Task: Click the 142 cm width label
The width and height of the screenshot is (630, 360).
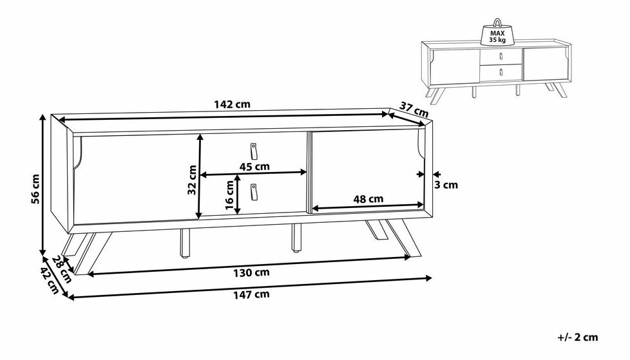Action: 233,104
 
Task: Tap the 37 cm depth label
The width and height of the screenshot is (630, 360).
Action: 414,109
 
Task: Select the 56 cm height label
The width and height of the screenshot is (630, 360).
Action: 35,189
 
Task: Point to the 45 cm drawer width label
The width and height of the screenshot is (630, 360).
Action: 254,166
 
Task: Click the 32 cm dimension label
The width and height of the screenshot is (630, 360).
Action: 192,180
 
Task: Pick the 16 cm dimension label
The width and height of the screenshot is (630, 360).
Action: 229,195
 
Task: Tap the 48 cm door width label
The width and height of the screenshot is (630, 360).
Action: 368,198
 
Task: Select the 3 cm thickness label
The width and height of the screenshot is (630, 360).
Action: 446,185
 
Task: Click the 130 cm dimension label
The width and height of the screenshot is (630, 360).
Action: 251,272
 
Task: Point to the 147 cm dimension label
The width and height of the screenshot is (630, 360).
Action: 251,294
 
